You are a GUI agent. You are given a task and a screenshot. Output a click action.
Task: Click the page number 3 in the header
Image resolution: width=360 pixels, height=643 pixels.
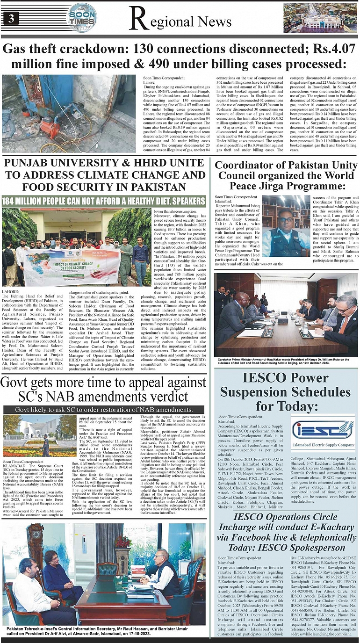click(x=10, y=18)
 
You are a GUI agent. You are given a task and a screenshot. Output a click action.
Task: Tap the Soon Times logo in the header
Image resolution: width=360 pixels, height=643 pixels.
click(x=82, y=17)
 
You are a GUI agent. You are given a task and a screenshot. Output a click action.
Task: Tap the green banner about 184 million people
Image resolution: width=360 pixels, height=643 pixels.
click(x=103, y=201)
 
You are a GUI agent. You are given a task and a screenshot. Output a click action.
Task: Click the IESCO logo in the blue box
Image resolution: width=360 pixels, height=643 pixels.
click(x=323, y=430)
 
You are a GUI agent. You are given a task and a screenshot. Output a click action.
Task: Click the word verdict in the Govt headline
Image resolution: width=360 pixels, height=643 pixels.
click(x=158, y=397)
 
